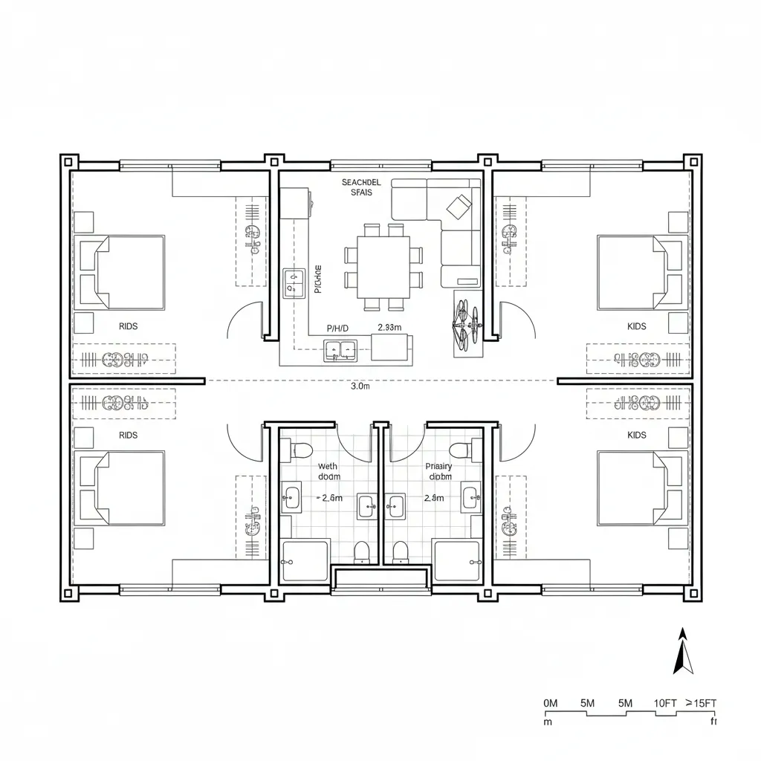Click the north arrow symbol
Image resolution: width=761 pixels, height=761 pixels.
coord(683,652)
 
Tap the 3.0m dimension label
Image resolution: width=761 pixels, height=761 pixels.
coord(360,386)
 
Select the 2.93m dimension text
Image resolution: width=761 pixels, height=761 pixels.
coord(389,327)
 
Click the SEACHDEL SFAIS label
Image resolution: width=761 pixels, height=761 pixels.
coord(361,187)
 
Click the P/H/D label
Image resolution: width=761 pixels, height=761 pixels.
coord(337,328)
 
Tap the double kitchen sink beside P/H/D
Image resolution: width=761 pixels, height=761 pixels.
coord(340,349)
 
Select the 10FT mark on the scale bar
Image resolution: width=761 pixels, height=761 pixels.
coord(664,703)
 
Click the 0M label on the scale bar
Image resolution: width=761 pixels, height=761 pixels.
coord(551,703)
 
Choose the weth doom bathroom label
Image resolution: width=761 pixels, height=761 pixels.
coord(327,471)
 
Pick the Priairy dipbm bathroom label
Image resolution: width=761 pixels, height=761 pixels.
coord(438,471)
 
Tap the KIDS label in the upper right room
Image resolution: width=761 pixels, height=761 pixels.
coord(637,326)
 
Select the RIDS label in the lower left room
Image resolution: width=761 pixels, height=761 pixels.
coord(128,435)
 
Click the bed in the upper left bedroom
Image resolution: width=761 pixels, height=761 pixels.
coord(123,272)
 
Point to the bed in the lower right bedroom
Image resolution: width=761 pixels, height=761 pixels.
coord(641,488)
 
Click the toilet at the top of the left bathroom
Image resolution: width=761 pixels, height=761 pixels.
coord(301,449)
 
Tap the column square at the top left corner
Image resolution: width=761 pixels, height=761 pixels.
coord(69,161)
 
